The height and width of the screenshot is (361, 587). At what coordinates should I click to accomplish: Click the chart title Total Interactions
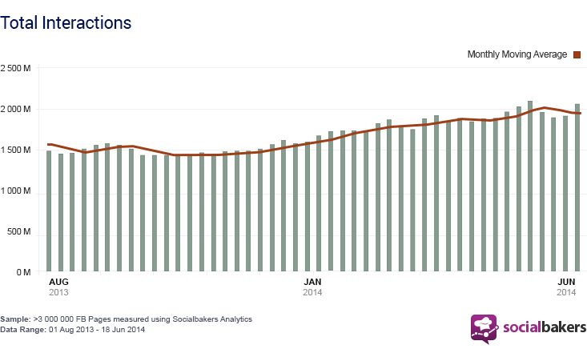(x=66, y=22)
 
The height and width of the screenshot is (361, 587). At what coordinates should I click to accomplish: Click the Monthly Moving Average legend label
(x=517, y=54)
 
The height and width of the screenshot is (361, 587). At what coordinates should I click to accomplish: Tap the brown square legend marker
(x=576, y=54)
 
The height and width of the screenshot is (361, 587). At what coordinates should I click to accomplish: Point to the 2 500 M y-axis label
(x=15, y=68)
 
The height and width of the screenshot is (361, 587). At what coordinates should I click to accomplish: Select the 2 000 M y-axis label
(x=15, y=109)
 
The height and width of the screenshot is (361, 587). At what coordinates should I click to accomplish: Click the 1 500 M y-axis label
(x=15, y=150)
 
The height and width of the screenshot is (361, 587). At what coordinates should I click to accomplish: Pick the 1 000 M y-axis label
(x=15, y=191)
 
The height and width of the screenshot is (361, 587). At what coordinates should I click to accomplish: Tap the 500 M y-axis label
(x=18, y=232)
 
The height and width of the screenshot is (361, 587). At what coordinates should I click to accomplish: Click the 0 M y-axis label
(x=23, y=273)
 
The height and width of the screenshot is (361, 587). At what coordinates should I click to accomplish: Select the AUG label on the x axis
(x=58, y=282)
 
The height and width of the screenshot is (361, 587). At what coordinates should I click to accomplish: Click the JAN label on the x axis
(x=313, y=282)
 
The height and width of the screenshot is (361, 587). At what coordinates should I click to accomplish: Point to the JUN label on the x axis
(x=567, y=282)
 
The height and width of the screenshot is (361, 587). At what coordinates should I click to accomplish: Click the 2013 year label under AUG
(x=58, y=293)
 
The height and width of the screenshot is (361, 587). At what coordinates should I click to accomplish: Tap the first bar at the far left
(x=49, y=211)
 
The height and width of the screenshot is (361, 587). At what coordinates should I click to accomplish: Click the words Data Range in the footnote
(x=22, y=329)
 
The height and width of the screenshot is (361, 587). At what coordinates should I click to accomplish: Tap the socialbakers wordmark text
(x=545, y=327)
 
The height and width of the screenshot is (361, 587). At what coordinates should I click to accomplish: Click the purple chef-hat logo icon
(x=484, y=328)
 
